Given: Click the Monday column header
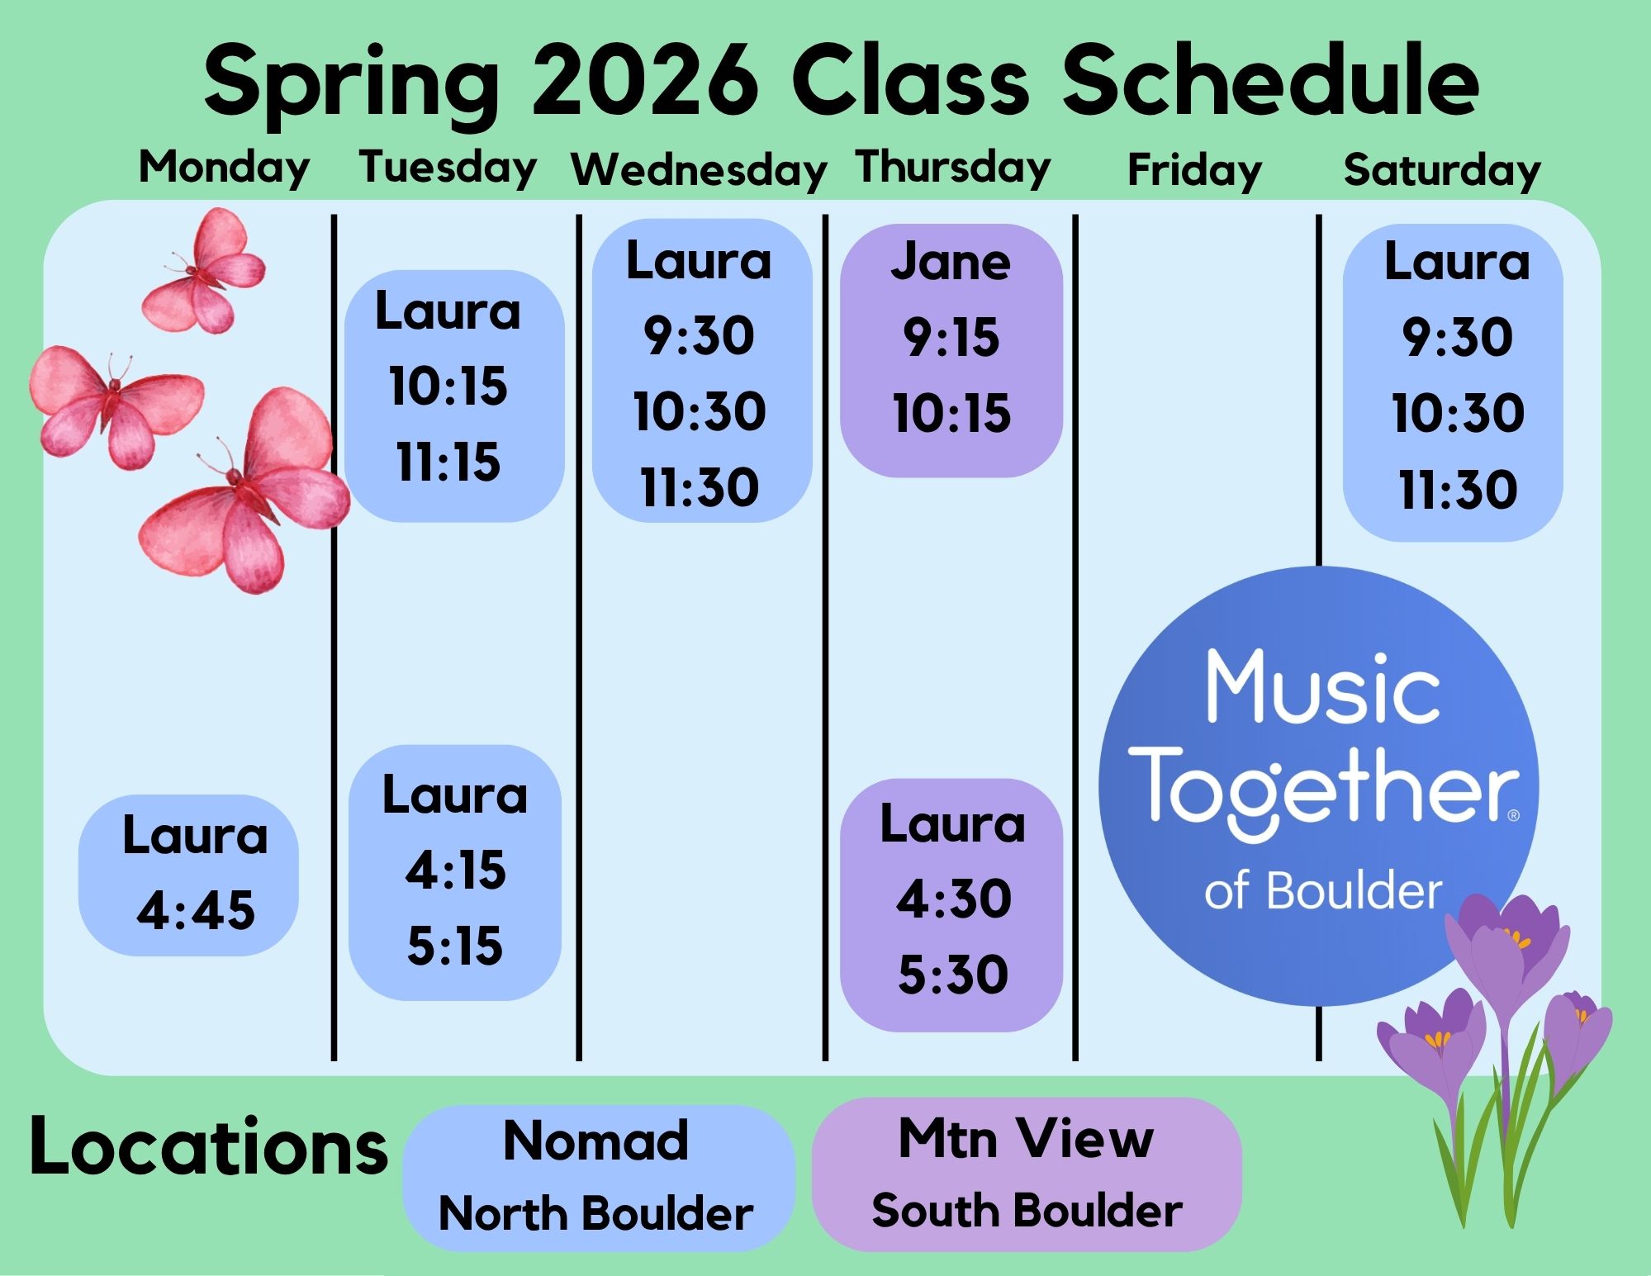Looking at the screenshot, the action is click(224, 168).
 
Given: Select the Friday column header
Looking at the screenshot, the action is click(1194, 171).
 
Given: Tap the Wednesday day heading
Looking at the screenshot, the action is click(699, 170).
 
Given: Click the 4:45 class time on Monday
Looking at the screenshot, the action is click(196, 911).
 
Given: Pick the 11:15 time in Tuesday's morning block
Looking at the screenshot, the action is click(448, 462).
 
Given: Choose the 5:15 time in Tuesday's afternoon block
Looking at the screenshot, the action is click(455, 946).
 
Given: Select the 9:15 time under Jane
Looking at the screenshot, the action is click(951, 338).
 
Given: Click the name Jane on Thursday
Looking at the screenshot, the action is click(951, 263).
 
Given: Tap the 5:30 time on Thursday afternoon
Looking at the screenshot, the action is click(953, 975).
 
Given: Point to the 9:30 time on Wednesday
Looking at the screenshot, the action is click(700, 336).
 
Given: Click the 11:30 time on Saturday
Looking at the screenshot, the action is click(1458, 490).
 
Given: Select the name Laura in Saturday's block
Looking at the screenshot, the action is click(1457, 262).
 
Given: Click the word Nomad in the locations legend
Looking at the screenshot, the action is click(595, 1141).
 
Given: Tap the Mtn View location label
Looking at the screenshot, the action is click(1026, 1139).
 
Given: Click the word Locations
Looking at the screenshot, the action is click(209, 1147).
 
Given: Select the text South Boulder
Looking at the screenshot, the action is click(1027, 1212).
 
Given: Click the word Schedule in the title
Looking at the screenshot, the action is click(1271, 82).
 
